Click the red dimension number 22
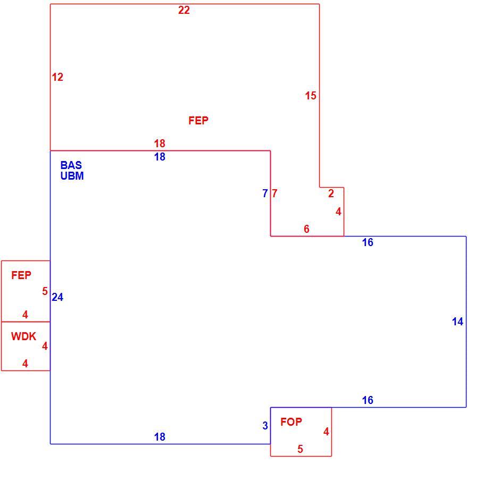pos(184,10)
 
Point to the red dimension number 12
pos(57,77)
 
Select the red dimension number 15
pos(311,96)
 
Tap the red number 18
pos(160,144)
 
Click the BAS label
pos(71,165)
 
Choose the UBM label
pos(72,176)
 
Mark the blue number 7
pos(265,193)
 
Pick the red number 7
pos(274,193)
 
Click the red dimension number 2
pos(331,193)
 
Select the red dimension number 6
pos(306,229)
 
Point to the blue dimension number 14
pos(457,322)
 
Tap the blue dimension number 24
pos(57,297)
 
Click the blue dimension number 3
pos(265,425)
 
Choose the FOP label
pos(291,422)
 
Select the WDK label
pos(24,336)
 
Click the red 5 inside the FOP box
pos(300,449)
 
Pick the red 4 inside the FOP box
pos(326,432)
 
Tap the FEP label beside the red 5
pos(21,275)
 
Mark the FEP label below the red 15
pos(198,120)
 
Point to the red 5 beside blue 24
pos(45,291)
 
